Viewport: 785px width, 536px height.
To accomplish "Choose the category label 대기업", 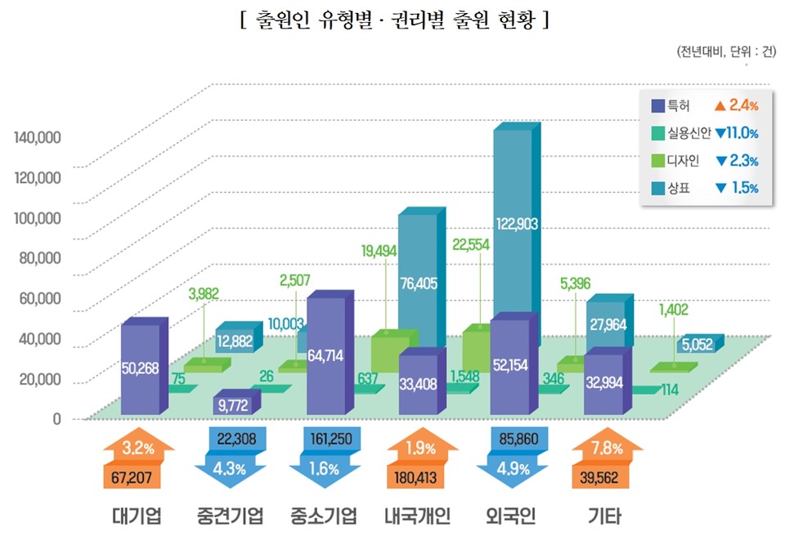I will (x=136, y=516).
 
